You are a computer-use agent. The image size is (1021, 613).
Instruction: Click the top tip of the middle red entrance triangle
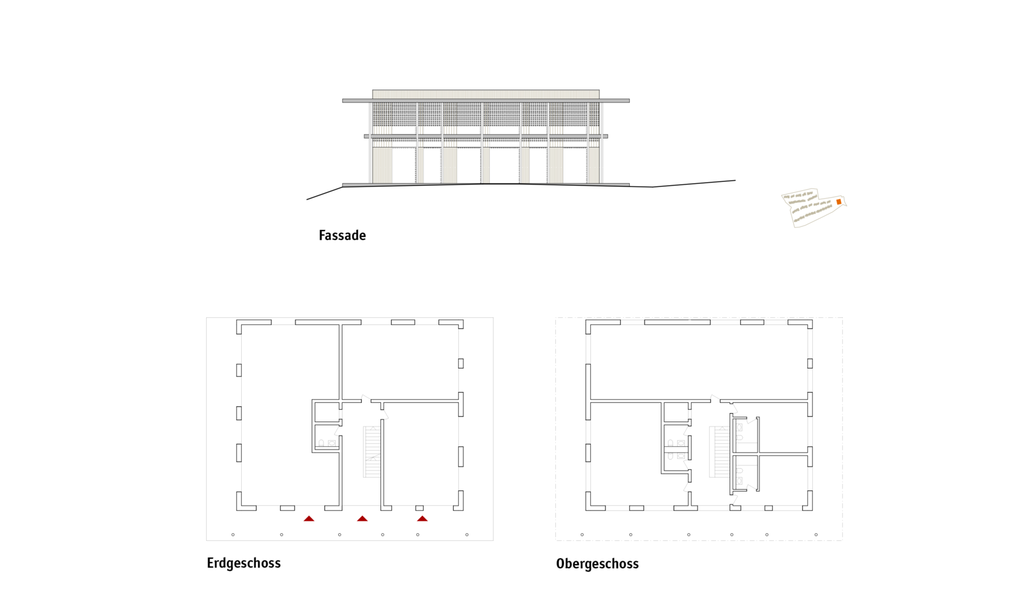(362, 516)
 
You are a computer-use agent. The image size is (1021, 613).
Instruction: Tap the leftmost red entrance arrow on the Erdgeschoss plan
(309, 518)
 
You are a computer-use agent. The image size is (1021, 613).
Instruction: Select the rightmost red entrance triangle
(422, 518)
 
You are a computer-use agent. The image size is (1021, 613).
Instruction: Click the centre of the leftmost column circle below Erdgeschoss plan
(233, 534)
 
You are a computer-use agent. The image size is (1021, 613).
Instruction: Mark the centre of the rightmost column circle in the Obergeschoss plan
(816, 534)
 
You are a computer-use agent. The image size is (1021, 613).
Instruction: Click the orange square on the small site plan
(838, 202)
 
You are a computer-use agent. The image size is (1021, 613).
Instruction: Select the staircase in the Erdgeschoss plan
(371, 452)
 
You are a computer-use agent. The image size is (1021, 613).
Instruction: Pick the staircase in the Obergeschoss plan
(719, 452)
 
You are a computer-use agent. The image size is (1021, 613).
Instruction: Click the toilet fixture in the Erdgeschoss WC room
(322, 443)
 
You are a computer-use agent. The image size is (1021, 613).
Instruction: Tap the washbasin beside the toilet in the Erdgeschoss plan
(332, 443)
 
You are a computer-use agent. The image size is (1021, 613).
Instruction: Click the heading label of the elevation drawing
(342, 236)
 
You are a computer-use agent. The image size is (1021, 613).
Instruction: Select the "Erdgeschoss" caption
(244, 563)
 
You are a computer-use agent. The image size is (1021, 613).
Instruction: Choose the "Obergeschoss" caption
(597, 564)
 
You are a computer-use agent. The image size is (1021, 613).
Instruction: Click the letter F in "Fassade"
(322, 236)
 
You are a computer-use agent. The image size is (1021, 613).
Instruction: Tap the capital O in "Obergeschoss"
(561, 564)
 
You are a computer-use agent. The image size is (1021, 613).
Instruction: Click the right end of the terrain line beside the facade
(735, 181)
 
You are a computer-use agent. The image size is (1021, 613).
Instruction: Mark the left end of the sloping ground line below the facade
(307, 199)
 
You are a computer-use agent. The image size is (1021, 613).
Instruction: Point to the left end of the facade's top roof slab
(343, 101)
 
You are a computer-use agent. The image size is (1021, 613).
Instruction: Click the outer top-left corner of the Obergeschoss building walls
(586, 320)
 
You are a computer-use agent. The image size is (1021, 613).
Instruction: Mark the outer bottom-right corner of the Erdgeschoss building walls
(463, 510)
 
